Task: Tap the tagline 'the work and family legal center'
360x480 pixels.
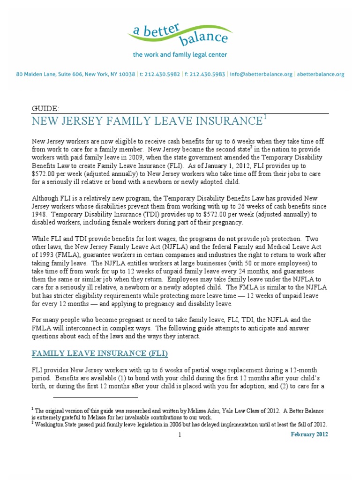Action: click(180, 55)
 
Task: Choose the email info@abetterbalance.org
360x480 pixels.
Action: click(261, 74)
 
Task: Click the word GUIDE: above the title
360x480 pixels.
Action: click(45, 109)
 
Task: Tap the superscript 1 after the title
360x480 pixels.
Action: click(265, 118)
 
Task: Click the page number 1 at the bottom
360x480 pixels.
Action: click(180, 435)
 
